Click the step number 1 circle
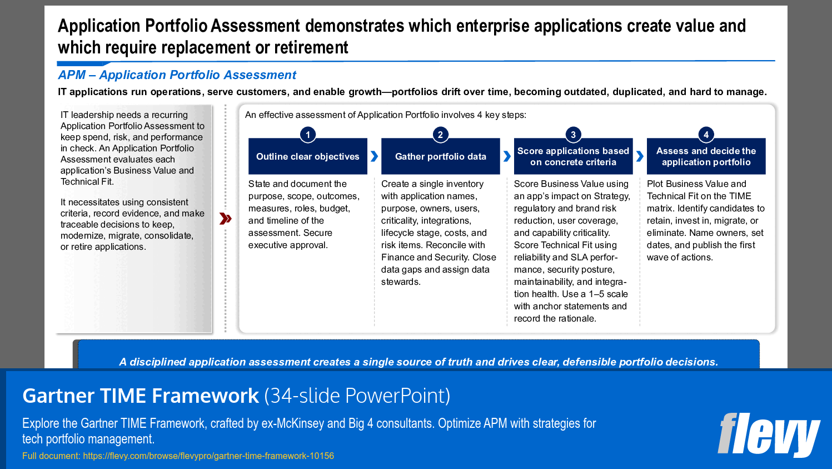pos(308,135)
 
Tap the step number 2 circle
pos(440,135)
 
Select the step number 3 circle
pos(573,135)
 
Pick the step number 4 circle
pos(706,135)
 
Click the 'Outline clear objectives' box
pos(308,157)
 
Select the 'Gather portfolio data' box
pos(440,157)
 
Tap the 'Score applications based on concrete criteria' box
pos(573,157)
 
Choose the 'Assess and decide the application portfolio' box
pos(706,157)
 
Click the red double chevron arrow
pos(225,219)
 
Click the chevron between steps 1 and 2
pos(374,156)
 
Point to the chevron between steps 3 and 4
pos(640,156)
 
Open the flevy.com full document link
pos(208,456)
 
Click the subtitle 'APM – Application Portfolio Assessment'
pos(177,75)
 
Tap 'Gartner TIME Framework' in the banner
pos(141,396)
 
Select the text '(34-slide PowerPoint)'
pos(357,396)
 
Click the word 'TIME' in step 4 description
pos(740,196)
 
